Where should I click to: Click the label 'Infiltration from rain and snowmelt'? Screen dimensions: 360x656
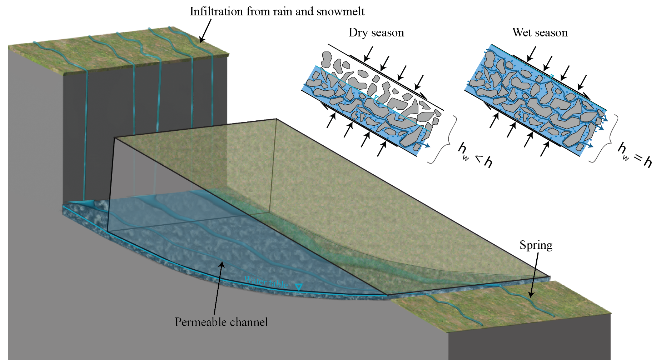click(277, 11)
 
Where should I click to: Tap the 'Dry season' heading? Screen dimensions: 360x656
click(376, 32)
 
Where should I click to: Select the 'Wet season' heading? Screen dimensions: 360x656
click(540, 32)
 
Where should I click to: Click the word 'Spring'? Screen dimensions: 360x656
click(536, 245)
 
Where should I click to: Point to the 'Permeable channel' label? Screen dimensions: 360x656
click(221, 322)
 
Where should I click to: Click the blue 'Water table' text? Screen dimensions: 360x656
click(266, 282)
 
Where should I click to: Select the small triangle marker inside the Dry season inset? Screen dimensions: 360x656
click(376, 97)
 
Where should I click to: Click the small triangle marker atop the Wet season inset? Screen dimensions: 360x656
click(552, 76)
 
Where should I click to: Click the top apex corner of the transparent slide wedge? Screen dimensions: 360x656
click(276, 119)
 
